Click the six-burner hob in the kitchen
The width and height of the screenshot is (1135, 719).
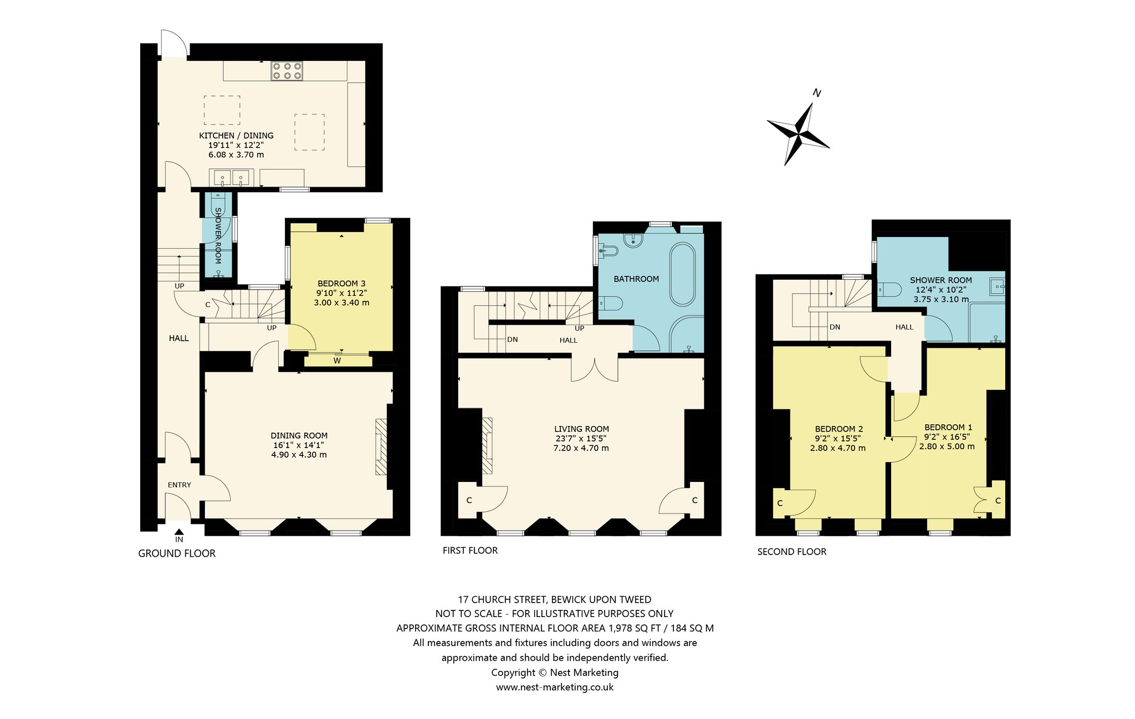point(287,70)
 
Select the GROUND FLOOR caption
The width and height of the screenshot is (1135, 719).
point(177,553)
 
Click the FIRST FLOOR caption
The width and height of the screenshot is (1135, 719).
point(470,551)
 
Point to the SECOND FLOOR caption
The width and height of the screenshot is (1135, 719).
point(792,552)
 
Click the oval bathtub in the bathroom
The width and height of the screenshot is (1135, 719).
point(683,274)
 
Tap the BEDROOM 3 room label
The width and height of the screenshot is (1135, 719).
point(341,284)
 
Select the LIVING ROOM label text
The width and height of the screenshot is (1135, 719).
point(581,429)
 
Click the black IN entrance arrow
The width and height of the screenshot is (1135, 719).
point(179,532)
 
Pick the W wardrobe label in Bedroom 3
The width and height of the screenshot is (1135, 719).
point(337,361)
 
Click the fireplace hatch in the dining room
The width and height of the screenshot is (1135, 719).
point(381,446)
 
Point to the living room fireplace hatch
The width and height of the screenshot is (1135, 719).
point(487,445)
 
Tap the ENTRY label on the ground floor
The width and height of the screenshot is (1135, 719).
point(180,485)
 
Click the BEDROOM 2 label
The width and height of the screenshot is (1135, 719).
point(839,429)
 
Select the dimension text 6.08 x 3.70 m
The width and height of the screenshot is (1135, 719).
point(236,155)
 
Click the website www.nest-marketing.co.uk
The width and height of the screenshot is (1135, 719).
point(555,687)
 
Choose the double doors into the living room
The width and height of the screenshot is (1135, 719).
point(595,369)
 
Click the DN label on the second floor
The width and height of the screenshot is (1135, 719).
point(835,327)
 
